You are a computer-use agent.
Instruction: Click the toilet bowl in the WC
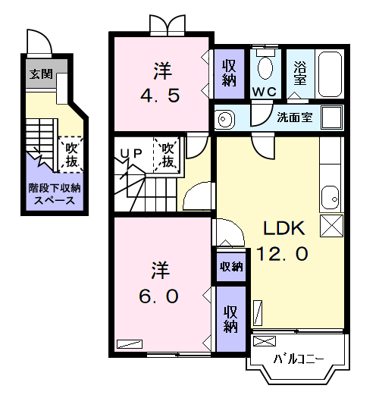[265, 67]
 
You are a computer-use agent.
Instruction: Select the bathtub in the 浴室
[330, 74]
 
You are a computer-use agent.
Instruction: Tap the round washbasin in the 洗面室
[224, 119]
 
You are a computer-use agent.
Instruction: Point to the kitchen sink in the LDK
[330, 198]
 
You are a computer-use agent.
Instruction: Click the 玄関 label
[41, 74]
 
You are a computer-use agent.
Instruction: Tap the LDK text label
[283, 228]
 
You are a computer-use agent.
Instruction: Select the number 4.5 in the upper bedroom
[160, 96]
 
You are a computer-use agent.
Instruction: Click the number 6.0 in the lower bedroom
[158, 296]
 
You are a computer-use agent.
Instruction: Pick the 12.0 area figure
[282, 253]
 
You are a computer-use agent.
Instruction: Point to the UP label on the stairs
[131, 153]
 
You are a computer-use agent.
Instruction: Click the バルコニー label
[299, 359]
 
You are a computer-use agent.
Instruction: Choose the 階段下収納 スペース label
[55, 194]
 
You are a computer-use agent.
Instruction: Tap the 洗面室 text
[294, 118]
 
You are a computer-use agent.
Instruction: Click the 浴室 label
[300, 73]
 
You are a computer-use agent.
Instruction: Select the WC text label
[265, 92]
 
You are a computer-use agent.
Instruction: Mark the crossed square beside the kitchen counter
[331, 226]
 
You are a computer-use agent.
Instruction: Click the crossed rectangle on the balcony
[265, 341]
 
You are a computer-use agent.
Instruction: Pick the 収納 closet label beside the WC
[229, 73]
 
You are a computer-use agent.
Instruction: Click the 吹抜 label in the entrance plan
[71, 155]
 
